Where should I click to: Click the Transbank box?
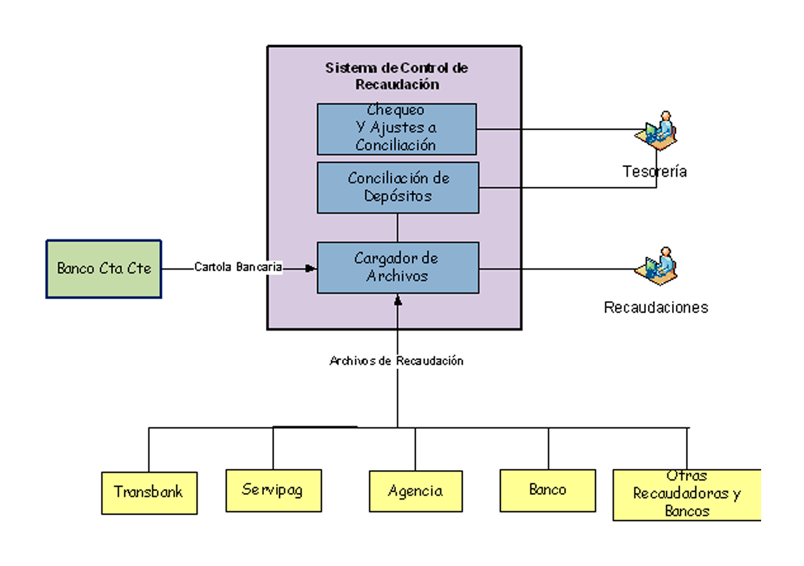pos(149,493)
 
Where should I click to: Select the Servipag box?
pos(273,490)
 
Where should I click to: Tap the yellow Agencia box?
pos(415,492)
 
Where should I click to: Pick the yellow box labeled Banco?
pos(547,490)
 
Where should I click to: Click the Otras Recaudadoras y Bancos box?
pos(687,495)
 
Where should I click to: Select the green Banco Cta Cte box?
pos(104,269)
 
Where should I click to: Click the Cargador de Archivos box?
pos(398,268)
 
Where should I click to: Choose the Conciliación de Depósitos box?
pos(398,187)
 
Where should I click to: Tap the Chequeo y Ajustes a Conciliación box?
pos(397,129)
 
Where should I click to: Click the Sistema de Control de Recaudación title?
pos(397,76)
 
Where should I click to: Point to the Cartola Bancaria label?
pos(239,268)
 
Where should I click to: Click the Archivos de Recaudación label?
pos(397,361)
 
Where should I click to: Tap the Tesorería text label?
pos(655,172)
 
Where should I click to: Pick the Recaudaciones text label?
pos(656,308)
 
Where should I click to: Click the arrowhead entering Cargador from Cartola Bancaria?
pos(311,268)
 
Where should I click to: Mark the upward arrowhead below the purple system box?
pos(398,300)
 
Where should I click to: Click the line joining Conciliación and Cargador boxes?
pos(398,227)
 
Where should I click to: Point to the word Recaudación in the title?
pos(397,85)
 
